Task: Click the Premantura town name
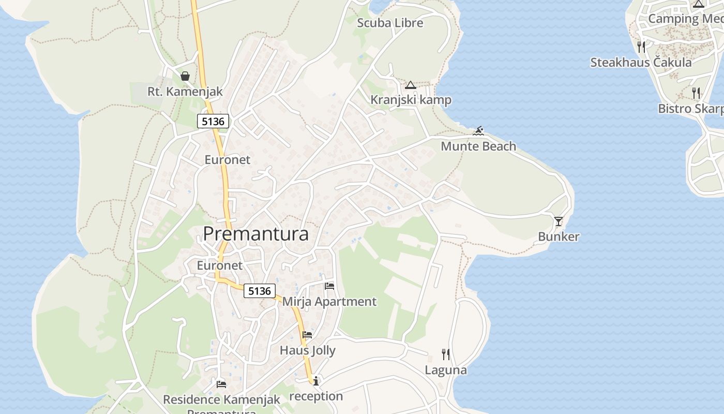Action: [x=255, y=234]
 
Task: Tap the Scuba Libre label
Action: [x=390, y=23]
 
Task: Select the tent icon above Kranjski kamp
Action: [x=411, y=85]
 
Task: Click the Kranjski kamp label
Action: [x=411, y=100]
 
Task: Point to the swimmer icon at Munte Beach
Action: [x=478, y=131]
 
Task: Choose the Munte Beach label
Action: [x=478, y=146]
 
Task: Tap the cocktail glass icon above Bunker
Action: [x=559, y=221]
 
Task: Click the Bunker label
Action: [x=559, y=237]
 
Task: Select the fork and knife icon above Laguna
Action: [x=446, y=354]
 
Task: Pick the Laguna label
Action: [x=446, y=371]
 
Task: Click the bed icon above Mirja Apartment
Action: [x=329, y=286]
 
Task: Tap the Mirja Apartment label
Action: [x=329, y=302]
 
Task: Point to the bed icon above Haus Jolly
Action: [x=307, y=335]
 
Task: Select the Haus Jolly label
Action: [x=308, y=351]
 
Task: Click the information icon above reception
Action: [x=316, y=381]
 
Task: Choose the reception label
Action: [x=316, y=396]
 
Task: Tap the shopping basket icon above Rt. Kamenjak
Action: [x=185, y=77]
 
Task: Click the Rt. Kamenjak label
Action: [x=185, y=92]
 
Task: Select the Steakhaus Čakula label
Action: [x=641, y=63]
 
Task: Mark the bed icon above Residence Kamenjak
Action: [x=221, y=384]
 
